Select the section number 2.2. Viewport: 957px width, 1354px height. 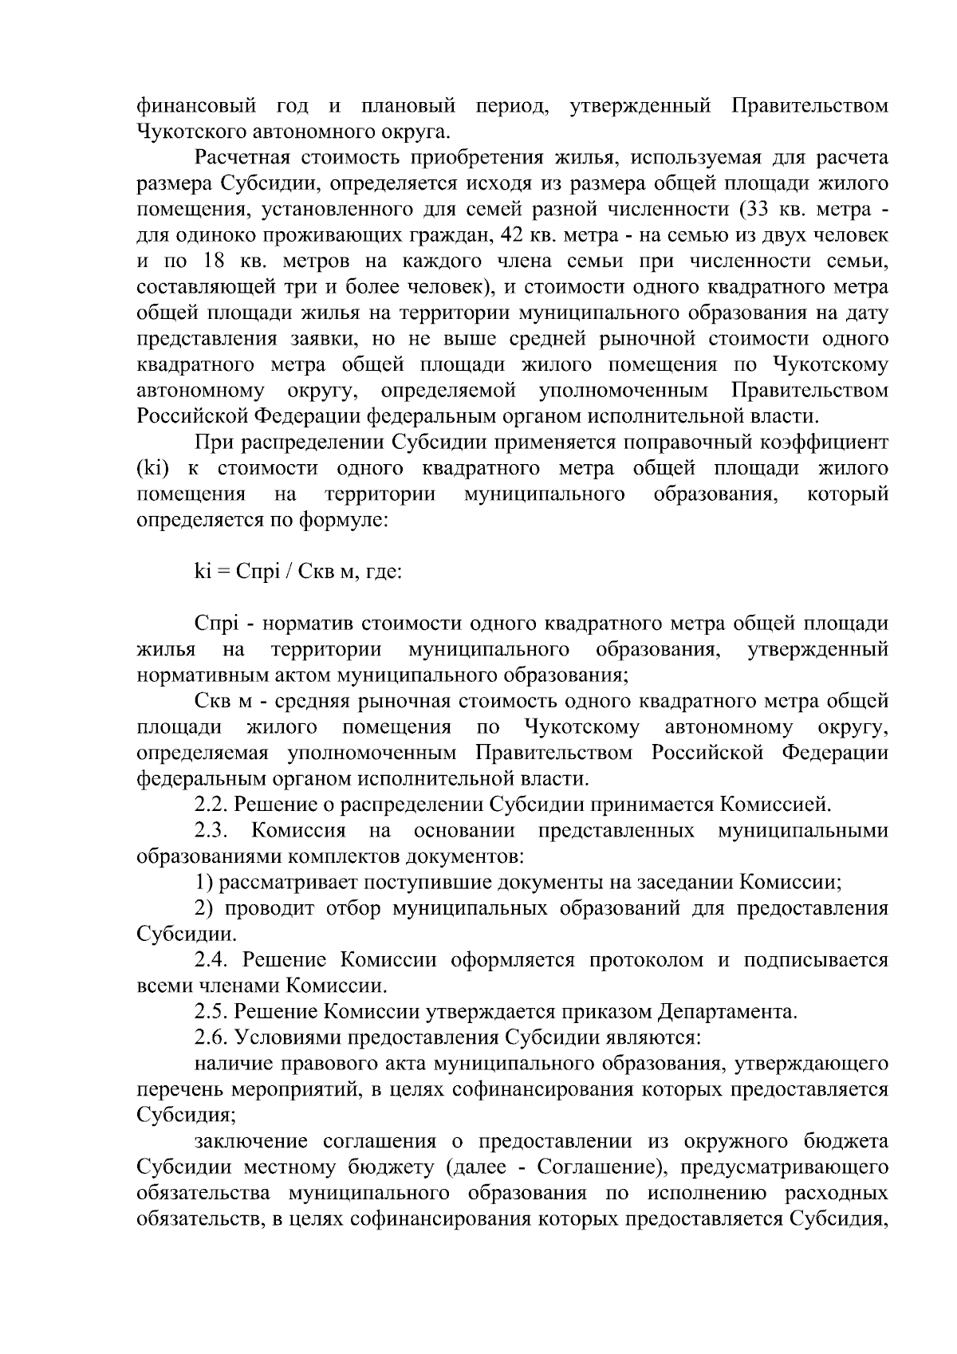211,805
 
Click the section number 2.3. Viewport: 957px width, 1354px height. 211,831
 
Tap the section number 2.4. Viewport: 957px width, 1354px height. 211,960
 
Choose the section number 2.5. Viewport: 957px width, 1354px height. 211,1012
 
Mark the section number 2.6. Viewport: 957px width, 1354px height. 211,1037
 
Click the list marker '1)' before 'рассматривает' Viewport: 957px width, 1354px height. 203,883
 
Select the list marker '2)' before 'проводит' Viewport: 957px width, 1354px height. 203,908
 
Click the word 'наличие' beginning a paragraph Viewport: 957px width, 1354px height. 232,1064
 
